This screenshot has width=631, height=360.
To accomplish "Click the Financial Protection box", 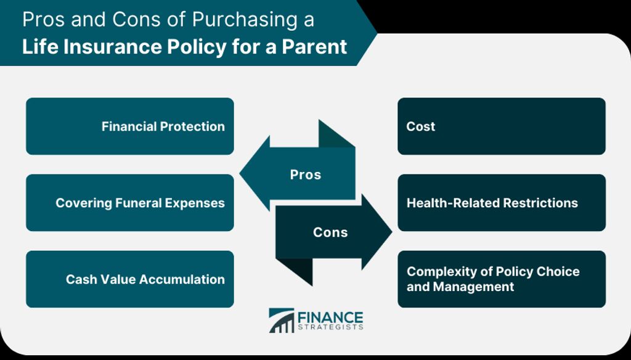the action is pyautogui.click(x=130, y=126).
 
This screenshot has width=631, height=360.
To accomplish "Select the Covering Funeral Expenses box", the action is pyautogui.click(x=130, y=203).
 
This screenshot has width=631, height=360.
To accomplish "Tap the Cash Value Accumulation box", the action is pyautogui.click(x=130, y=279).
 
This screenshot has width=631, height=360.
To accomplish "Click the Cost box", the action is pyautogui.click(x=502, y=126).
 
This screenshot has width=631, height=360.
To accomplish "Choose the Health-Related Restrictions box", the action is pyautogui.click(x=502, y=203).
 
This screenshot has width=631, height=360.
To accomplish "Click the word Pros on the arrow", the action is pyautogui.click(x=306, y=175).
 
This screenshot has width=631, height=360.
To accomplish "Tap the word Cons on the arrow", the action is pyautogui.click(x=330, y=232).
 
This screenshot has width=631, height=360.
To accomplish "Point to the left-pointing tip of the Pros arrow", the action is pyautogui.click(x=240, y=174).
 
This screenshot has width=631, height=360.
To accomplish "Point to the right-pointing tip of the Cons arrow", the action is pyautogui.click(x=391, y=232).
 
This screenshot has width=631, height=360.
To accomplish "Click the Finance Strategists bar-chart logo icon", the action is pyautogui.click(x=282, y=321).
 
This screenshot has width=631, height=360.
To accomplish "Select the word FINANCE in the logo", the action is pyautogui.click(x=330, y=317).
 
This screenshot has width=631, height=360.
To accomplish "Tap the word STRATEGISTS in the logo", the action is pyautogui.click(x=330, y=327).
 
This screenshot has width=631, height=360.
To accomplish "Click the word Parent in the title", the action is pyautogui.click(x=314, y=46).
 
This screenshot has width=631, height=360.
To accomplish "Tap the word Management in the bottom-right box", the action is pyautogui.click(x=474, y=287).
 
